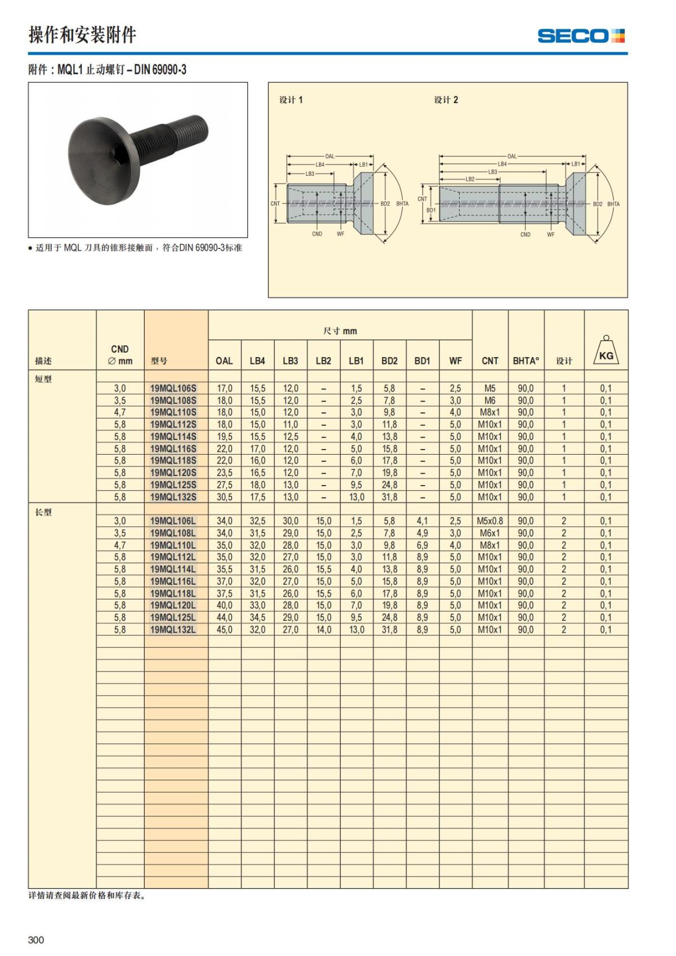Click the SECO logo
(581, 36)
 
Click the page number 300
(35, 940)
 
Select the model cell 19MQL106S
(174, 389)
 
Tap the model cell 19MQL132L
(173, 630)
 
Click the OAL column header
(224, 361)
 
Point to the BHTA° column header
(526, 361)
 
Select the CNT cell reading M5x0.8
(490, 521)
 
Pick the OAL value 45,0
(224, 630)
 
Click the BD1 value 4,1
(422, 521)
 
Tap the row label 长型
(43, 512)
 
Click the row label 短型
(43, 379)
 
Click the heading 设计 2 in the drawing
(446, 100)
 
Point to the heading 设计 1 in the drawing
(291, 100)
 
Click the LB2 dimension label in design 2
(470, 179)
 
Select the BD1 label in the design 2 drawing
(431, 210)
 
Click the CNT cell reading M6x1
(490, 533)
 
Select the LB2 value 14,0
(323, 630)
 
